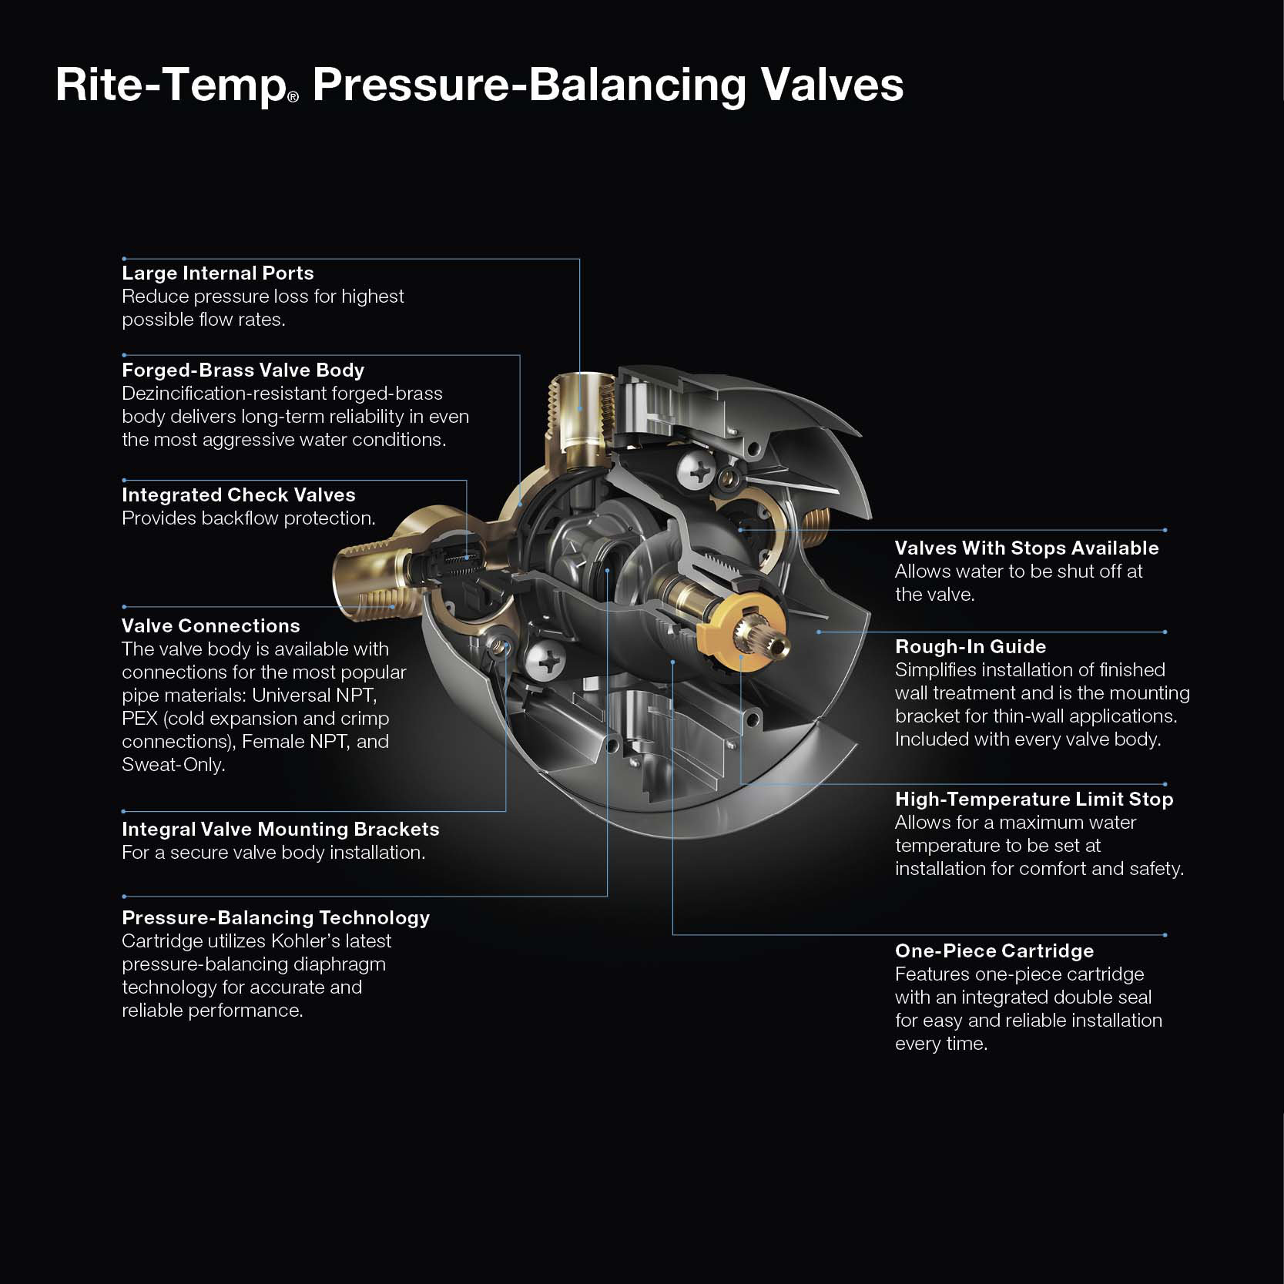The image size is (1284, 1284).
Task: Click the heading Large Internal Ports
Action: click(x=217, y=273)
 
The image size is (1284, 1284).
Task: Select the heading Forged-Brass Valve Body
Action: click(x=243, y=370)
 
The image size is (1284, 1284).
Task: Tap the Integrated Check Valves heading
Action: click(x=238, y=495)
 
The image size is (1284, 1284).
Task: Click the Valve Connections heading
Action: click(x=210, y=626)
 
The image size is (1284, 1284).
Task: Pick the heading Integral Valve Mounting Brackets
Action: click(x=280, y=830)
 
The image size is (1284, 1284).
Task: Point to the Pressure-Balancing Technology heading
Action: click(x=276, y=918)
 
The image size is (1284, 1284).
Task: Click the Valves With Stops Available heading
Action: click(x=1026, y=548)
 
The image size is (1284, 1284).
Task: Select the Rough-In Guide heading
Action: click(x=970, y=647)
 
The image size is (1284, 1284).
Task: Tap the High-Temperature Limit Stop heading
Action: click(x=1034, y=800)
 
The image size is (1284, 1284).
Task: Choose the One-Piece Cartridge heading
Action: click(x=994, y=951)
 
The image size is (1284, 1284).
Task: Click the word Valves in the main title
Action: click(x=832, y=85)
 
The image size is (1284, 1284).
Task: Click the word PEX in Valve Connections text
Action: click(x=139, y=719)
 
